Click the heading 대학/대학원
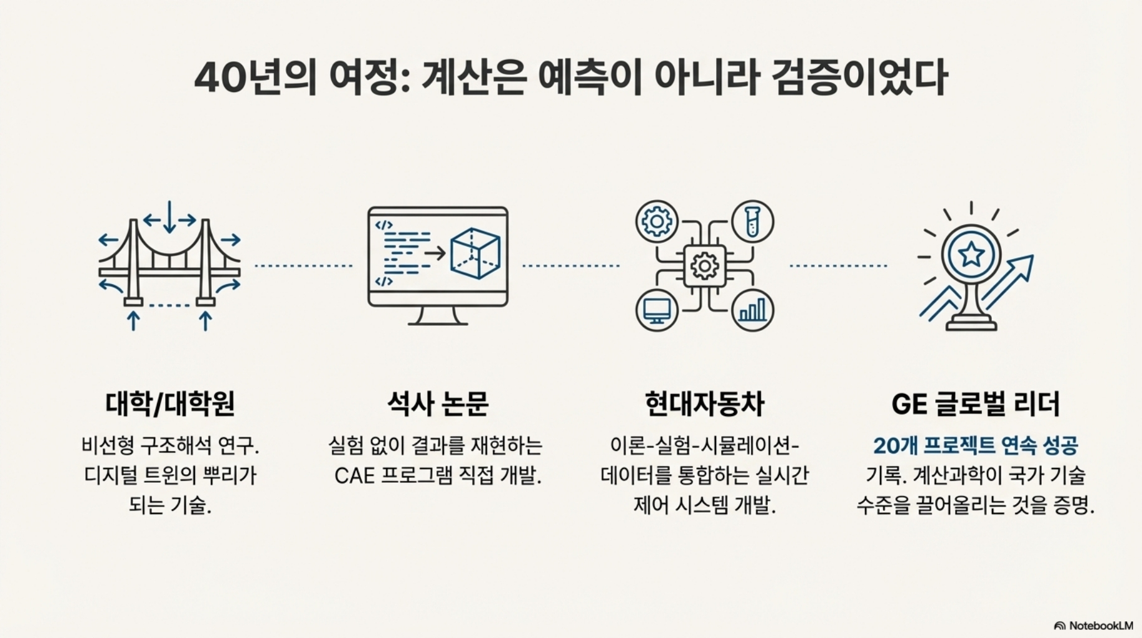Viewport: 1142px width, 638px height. [170, 404]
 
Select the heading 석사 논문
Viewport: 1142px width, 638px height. [438, 404]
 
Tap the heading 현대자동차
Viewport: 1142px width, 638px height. [704, 404]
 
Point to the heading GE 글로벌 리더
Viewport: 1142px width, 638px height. [975, 404]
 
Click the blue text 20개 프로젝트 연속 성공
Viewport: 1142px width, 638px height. [975, 445]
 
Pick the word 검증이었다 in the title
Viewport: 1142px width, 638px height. [859, 78]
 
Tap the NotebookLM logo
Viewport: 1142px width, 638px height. [1093, 626]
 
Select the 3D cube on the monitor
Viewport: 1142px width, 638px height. [474, 253]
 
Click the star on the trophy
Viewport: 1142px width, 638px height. [971, 254]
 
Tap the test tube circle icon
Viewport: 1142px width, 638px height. [752, 221]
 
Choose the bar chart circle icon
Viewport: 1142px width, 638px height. [752, 310]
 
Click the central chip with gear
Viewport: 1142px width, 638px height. [704, 266]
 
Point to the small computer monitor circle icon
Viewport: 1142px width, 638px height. [657, 310]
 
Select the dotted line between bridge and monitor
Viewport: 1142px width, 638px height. [304, 266]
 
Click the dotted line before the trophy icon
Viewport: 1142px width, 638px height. [838, 266]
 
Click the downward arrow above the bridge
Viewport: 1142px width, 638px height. [169, 217]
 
